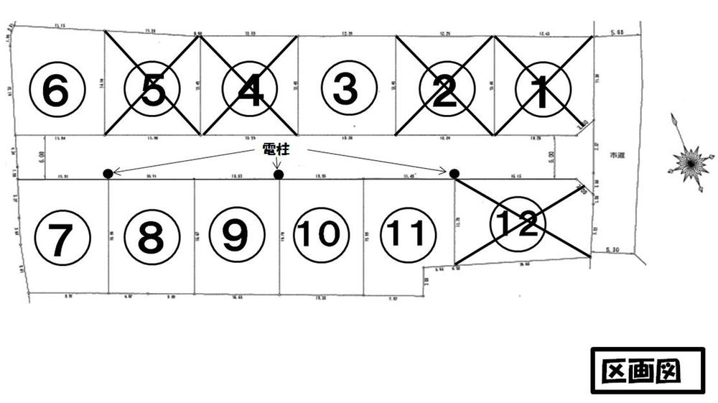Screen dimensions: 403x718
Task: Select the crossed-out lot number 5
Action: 152,89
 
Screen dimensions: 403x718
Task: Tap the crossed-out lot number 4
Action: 249,89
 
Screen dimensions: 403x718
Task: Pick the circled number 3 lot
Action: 348,89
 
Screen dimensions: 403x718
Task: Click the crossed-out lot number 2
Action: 445,89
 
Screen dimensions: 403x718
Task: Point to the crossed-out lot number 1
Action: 543,89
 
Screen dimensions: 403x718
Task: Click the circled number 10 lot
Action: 321,234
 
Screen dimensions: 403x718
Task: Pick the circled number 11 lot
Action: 407,234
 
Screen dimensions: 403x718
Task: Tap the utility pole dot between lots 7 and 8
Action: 108,173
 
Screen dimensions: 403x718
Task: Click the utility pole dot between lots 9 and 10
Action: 279,174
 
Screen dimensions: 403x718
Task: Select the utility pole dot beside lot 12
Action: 454,173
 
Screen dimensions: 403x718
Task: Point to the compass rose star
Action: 690,163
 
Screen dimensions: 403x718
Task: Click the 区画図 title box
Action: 647,371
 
